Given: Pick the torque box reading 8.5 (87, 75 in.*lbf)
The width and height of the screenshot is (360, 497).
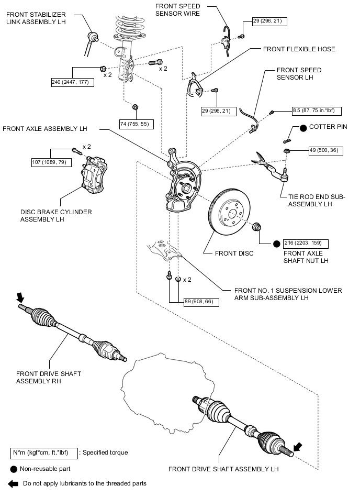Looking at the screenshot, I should [317, 111].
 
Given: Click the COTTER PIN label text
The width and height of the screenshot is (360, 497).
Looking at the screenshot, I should [328, 127].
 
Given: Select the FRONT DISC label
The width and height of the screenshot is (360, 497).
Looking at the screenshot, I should [234, 253].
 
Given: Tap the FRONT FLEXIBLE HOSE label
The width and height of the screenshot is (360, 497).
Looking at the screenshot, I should [299, 49].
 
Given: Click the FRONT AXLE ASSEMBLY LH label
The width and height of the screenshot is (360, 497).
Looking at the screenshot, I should [44, 128].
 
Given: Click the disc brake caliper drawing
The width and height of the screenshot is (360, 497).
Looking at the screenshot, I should [95, 176].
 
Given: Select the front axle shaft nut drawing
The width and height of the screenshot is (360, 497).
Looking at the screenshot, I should [257, 228].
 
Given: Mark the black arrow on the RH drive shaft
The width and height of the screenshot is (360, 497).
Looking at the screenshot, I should [21, 297].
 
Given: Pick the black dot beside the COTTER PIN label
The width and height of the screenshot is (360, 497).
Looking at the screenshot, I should [302, 127].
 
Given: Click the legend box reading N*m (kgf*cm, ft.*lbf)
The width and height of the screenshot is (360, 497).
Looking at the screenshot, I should [43, 452].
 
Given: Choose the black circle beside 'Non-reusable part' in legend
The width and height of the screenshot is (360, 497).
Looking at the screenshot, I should [13, 469].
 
